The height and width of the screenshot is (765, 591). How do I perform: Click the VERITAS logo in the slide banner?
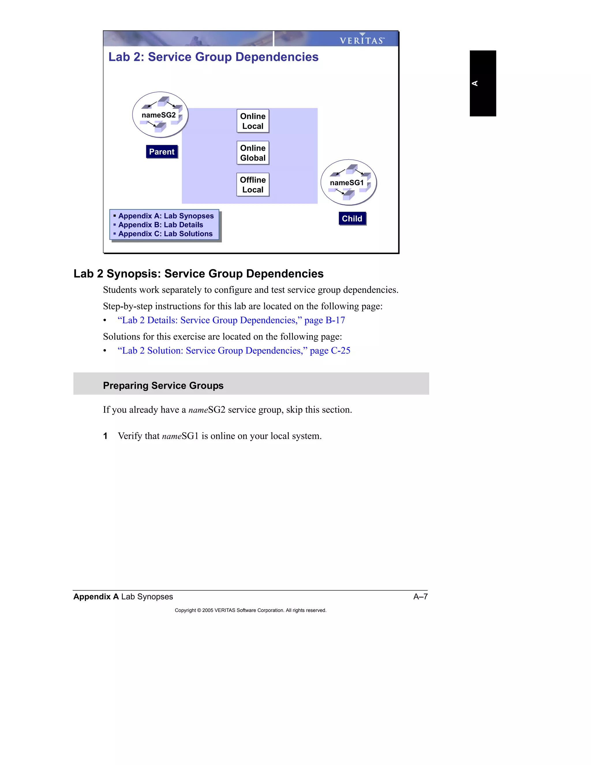pos(362,40)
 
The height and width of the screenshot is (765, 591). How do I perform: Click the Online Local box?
pos(253,121)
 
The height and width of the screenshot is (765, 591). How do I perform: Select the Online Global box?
pos(253,153)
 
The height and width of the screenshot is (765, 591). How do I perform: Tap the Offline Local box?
pos(253,185)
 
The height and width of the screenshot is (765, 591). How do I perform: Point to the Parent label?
pos(162,152)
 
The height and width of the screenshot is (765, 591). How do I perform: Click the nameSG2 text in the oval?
pos(159,115)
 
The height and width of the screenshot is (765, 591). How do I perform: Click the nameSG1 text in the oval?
pos(347,183)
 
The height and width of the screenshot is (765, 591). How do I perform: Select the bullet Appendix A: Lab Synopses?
pos(166,216)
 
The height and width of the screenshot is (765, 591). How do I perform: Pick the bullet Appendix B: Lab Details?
pos(160,225)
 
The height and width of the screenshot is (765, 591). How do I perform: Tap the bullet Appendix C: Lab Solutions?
pos(165,234)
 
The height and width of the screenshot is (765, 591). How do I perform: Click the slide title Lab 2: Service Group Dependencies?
pos(213,57)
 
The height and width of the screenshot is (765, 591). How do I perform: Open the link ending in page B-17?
pos(231,320)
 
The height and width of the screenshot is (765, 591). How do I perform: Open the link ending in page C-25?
pos(234,351)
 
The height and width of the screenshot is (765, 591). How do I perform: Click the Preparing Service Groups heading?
pos(163,386)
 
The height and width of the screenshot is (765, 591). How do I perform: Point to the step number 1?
pos(105,436)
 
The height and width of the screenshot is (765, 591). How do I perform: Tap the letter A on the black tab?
pos(475,83)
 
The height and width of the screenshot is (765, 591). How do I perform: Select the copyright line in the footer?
pos(250,610)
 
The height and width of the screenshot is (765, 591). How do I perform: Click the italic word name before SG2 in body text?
pos(198,410)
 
